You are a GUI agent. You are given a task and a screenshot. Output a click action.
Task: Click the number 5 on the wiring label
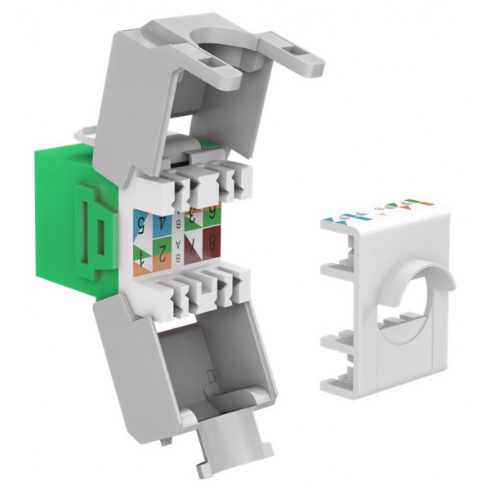142,220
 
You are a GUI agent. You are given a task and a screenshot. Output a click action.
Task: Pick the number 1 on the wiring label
142,261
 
